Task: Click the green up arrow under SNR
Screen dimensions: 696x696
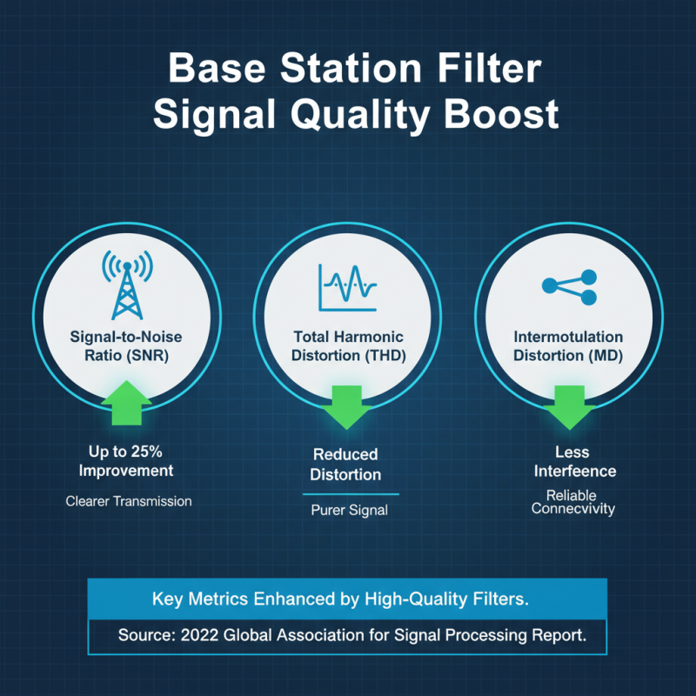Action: [x=128, y=403]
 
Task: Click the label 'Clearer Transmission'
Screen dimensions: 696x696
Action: [x=128, y=501]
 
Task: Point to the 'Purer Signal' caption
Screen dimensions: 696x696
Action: [x=349, y=511]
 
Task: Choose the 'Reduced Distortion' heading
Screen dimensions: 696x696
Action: [x=346, y=465]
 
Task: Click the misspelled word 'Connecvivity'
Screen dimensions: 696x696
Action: [x=572, y=508]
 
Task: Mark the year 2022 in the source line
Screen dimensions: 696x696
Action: [x=200, y=636]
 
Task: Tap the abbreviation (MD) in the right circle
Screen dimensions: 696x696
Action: [x=603, y=355]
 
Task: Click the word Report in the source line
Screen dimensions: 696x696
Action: [x=557, y=636]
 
